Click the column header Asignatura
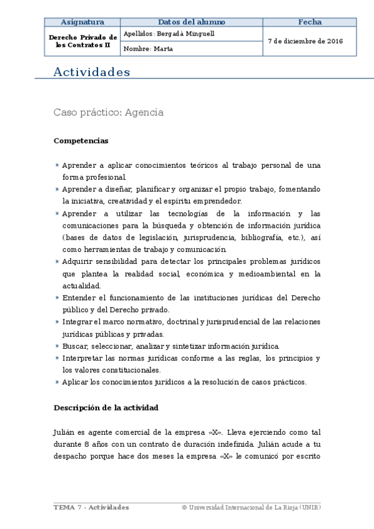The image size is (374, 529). coord(82,22)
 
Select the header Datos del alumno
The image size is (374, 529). coord(191,22)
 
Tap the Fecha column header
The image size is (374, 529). coord(310,22)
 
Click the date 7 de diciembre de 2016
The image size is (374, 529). coord(305,41)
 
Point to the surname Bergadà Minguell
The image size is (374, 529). coord(184,34)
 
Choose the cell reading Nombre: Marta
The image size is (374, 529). coord(149,49)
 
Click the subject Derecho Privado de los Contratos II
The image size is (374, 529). coord(82,41)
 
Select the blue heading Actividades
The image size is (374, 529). coord(92,72)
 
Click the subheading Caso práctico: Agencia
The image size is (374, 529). coord(109,113)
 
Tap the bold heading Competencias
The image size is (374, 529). coord(81,141)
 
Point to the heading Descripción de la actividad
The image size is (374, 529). coord(106,408)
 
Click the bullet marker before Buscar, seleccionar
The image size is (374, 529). coord(57,346)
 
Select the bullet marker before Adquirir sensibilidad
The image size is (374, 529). coord(57,262)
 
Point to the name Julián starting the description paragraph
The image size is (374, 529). coord(64,432)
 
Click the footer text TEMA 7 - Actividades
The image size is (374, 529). coord(91,508)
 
